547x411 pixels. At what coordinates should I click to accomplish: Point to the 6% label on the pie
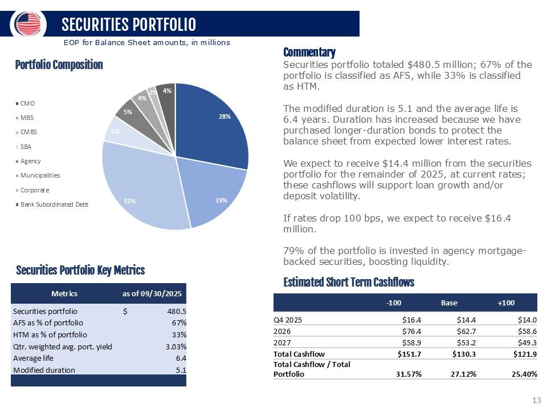[x=115, y=131]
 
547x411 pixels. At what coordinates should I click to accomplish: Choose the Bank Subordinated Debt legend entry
[x=54, y=204]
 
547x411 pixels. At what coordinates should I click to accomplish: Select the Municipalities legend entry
[x=40, y=175]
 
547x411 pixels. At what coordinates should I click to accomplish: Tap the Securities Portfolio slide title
[x=129, y=24]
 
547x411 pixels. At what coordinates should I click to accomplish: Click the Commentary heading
[x=309, y=52]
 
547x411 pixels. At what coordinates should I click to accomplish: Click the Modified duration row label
[x=44, y=370]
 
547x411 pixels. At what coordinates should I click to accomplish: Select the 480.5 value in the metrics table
[x=176, y=311]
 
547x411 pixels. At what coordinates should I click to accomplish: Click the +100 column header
[x=506, y=303]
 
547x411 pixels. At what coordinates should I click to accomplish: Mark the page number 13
[x=536, y=400]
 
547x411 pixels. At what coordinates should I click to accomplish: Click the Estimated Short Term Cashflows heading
[x=349, y=283]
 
